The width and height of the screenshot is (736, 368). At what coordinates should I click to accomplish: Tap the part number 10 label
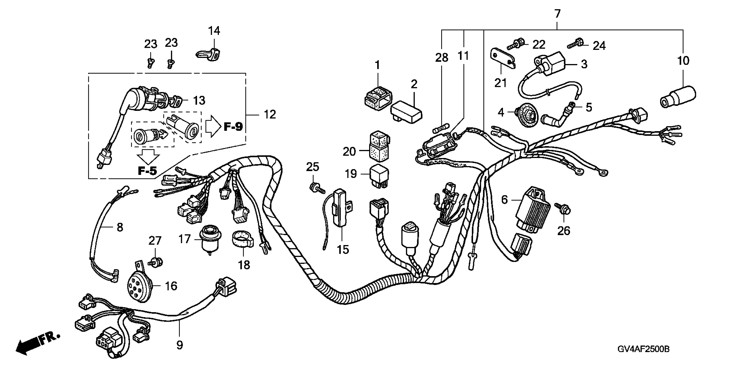683,61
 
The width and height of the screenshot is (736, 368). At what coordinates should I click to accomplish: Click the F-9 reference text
233,126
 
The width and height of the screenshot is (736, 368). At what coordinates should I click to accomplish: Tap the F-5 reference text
148,171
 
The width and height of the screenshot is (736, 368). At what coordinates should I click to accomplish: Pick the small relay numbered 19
379,177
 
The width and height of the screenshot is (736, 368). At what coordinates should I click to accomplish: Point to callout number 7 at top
557,13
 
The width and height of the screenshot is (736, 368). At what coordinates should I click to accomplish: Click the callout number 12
269,115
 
